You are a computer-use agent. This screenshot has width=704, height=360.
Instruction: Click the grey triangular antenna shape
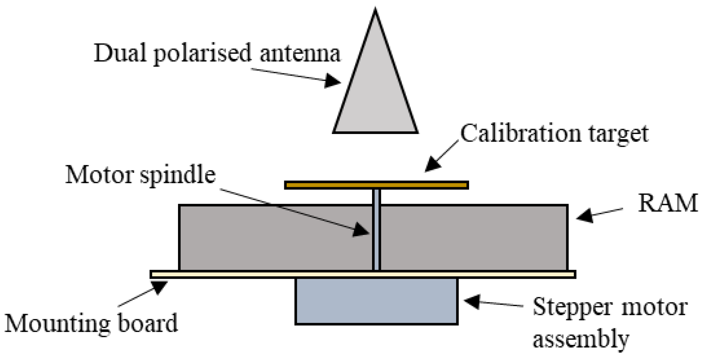click(x=375, y=96)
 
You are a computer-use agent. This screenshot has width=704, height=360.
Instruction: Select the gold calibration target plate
click(x=376, y=185)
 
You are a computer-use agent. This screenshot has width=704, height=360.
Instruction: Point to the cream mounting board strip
click(x=362, y=274)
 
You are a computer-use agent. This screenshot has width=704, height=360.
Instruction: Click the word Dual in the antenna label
click(x=120, y=53)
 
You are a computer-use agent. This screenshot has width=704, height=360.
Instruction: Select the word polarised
click(x=202, y=54)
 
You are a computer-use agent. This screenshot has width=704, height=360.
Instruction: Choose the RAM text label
click(x=667, y=203)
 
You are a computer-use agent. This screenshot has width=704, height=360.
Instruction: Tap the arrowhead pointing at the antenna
click(x=333, y=81)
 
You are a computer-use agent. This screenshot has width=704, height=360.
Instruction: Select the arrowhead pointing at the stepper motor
click(x=472, y=301)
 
